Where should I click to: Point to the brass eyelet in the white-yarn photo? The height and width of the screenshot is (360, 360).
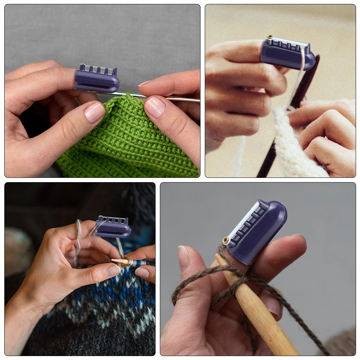270,37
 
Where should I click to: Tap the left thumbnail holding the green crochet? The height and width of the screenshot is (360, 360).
94,112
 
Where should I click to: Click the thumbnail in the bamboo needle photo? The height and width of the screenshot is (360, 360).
184,257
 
